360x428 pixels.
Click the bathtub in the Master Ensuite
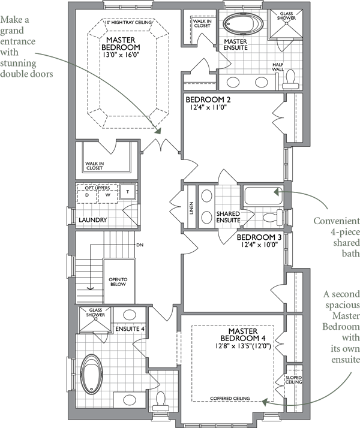(244, 23)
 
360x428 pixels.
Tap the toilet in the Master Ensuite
(290, 80)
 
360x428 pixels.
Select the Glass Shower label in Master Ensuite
(286, 16)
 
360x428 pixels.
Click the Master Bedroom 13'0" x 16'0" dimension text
(121, 55)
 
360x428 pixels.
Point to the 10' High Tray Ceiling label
(128, 22)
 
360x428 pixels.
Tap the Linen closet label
(191, 208)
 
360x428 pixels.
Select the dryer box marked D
(87, 195)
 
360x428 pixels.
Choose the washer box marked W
(108, 195)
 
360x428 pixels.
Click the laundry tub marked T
(128, 192)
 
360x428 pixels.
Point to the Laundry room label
(92, 220)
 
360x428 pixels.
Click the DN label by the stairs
(140, 245)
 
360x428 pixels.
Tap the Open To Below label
(118, 282)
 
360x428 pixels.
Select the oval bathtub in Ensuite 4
(92, 374)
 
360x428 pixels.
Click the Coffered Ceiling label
(230, 398)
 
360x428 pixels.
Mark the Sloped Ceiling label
(294, 379)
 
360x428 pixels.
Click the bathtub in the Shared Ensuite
(263, 195)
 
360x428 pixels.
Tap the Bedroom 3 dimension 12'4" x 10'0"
(259, 245)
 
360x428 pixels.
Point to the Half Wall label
(278, 67)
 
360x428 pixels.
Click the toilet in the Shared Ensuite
(273, 218)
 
